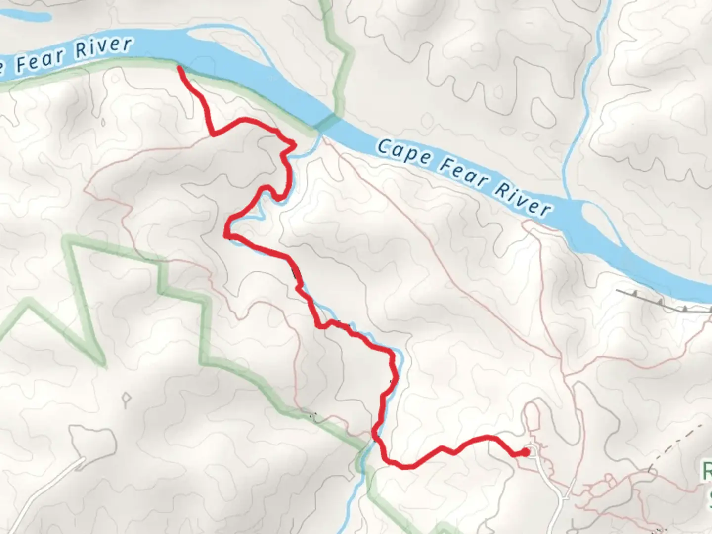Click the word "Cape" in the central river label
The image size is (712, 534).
coord(403,152)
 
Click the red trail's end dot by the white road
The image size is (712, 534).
coord(526,451)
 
